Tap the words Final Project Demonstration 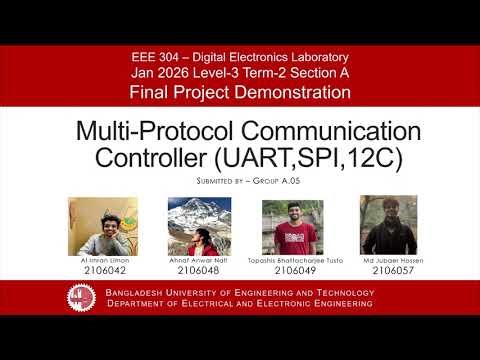240,92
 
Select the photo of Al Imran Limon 97,226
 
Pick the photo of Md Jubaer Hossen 385,226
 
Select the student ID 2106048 198,270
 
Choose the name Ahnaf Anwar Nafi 198,260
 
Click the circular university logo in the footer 82,297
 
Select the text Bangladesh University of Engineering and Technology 240,293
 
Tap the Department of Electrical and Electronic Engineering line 240,303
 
